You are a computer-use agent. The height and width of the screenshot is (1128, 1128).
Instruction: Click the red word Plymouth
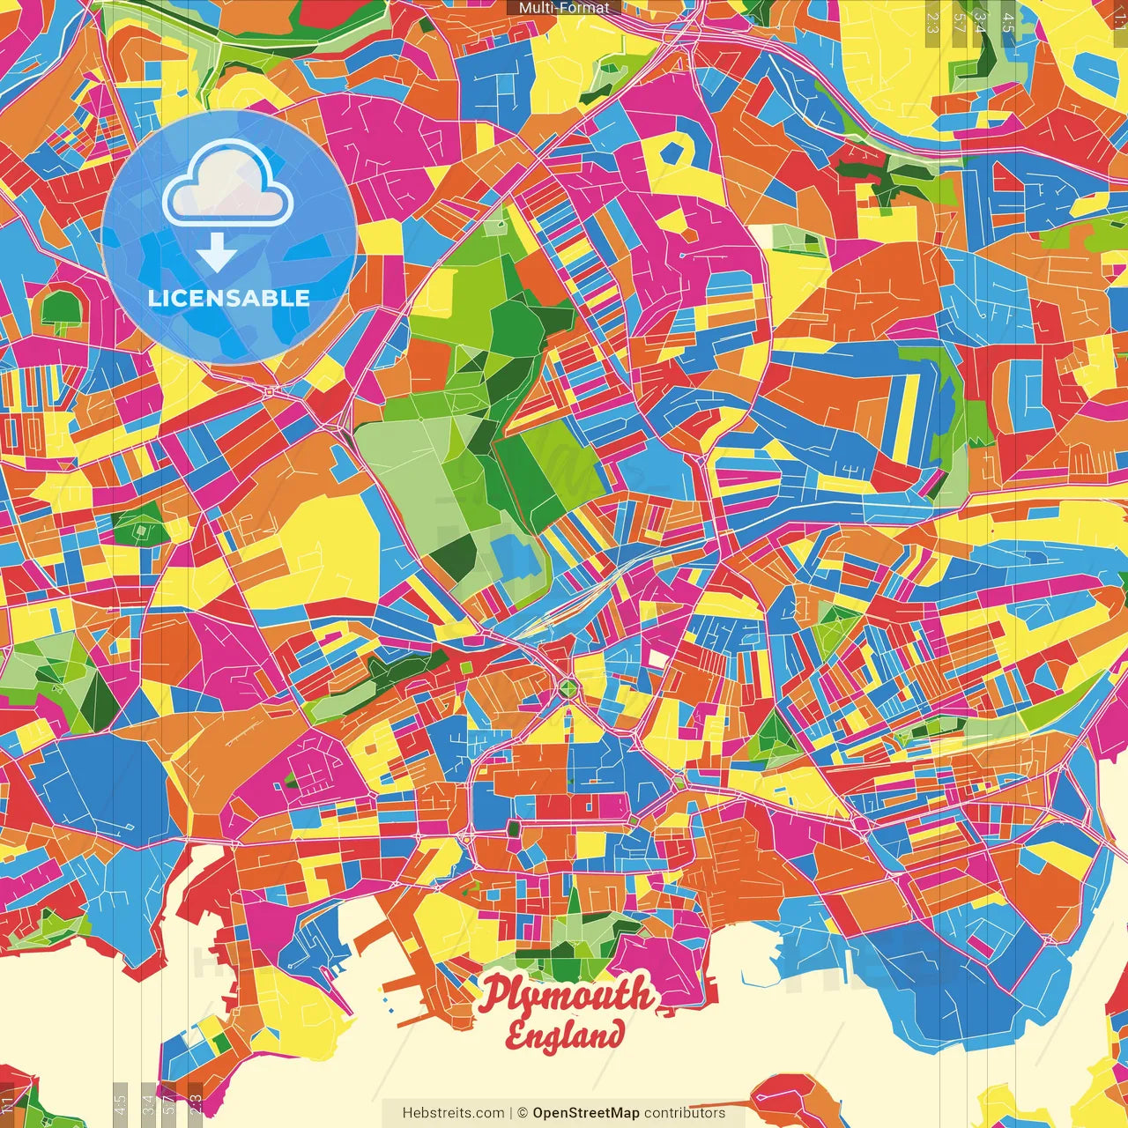[x=568, y=995]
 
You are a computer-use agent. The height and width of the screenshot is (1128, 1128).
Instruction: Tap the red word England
[x=565, y=1035]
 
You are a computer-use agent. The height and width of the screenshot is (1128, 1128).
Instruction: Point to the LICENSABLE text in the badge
[x=229, y=298]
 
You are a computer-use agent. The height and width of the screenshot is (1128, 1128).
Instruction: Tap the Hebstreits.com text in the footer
[x=453, y=1113]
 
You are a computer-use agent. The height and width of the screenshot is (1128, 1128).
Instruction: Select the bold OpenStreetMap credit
[x=586, y=1113]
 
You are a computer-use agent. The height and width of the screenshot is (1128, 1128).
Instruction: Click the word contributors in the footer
[x=685, y=1113]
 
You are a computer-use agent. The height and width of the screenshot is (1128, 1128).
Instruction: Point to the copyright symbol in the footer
[x=522, y=1113]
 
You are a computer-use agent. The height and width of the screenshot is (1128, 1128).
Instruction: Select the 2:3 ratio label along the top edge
[x=932, y=22]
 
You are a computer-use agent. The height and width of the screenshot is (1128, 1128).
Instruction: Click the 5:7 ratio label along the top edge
[x=960, y=22]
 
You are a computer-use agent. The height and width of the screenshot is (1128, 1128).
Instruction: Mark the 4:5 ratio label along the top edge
[x=1008, y=22]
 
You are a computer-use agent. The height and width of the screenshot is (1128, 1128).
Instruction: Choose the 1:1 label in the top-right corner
[x=1120, y=19]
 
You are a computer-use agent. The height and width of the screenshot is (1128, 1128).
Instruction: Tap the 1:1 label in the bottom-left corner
[x=8, y=1105]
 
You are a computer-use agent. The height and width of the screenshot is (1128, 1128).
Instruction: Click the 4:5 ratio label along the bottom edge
[x=120, y=1105]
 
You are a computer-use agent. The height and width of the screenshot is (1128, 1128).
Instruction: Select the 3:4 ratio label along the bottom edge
[x=148, y=1105]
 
